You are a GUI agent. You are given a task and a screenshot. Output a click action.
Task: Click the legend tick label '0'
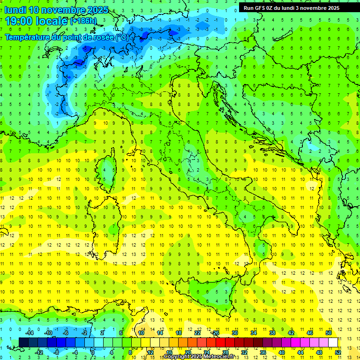pyautogui.click(x=92, y=352)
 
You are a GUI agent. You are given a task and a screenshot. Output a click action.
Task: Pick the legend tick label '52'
pyautogui.click(x=338, y=352)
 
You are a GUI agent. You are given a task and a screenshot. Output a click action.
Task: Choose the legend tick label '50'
pyautogui.click(x=329, y=333)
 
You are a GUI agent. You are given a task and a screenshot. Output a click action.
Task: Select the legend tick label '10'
pyautogui.click(x=141, y=333)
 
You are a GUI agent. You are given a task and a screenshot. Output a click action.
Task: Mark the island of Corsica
pyautogui.click(x=108, y=169)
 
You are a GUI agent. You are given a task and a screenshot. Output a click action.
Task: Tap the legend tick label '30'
pyautogui.click(x=234, y=333)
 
